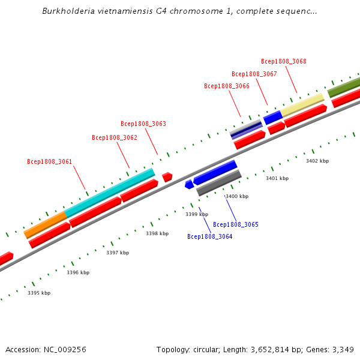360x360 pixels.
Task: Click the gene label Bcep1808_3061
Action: (x=49, y=161)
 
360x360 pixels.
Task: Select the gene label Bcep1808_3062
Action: (x=115, y=137)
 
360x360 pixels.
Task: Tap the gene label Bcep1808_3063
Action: (x=143, y=124)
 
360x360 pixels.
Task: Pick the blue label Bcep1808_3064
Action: (x=209, y=236)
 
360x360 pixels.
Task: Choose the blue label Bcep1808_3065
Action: (x=236, y=224)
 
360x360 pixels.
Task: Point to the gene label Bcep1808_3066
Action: (x=227, y=86)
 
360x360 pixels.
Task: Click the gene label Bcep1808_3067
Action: (x=254, y=74)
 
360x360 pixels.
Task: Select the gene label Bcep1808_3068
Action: (x=284, y=61)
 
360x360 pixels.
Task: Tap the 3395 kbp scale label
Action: (x=39, y=293)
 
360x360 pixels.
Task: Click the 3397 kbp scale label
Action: (x=118, y=253)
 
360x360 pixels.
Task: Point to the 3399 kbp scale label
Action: (x=197, y=214)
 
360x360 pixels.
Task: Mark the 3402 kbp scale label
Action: (x=317, y=161)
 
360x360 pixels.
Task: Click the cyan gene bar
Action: (x=110, y=193)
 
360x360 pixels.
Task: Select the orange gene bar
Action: (x=46, y=224)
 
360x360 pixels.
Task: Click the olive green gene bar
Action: (x=344, y=86)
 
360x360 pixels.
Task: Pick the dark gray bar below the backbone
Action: (x=219, y=183)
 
